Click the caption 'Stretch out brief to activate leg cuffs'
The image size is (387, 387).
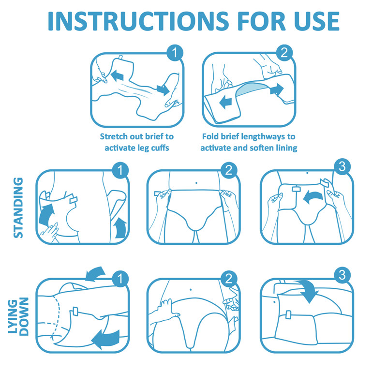pyautogui.click(x=137, y=142)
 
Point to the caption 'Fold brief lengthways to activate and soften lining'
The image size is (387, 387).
pyautogui.click(x=248, y=142)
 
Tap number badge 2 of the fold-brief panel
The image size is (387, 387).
pyautogui.click(x=284, y=53)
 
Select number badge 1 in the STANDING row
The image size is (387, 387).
pyautogui.click(x=119, y=170)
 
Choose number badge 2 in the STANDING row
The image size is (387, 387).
pyautogui.click(x=230, y=170)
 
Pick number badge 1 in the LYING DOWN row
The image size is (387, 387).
pyautogui.click(x=119, y=278)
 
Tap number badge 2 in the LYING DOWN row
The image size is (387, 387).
pyautogui.click(x=230, y=278)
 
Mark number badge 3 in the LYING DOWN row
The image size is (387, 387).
pyautogui.click(x=342, y=276)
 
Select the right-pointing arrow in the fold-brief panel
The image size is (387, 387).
pyautogui.click(x=277, y=89)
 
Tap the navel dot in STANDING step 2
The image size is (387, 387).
pyautogui.click(x=195, y=183)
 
